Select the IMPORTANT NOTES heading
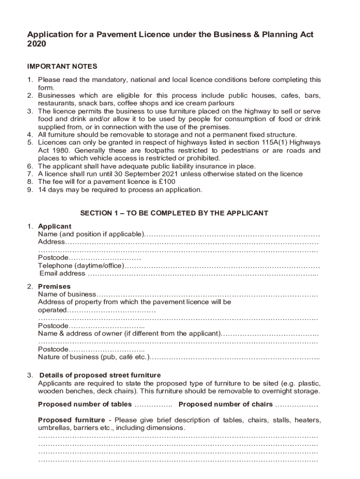coord(62,66)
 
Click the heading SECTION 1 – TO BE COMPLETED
coord(174,213)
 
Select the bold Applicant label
coord(55,226)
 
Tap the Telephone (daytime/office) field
coord(222,266)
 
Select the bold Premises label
coord(54,286)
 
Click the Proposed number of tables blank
coord(153,405)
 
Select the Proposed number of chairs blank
coord(296,405)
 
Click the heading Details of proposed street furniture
coord(100,375)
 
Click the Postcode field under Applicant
coord(105,258)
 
